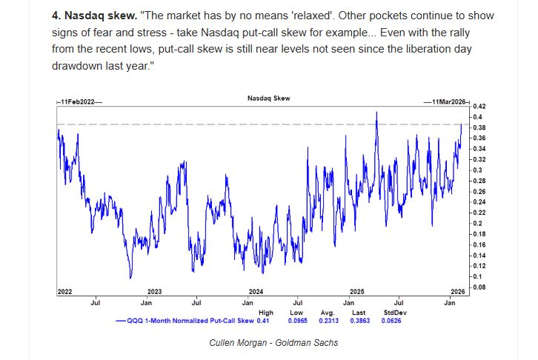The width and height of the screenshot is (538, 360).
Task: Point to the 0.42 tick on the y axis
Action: coord(478,106)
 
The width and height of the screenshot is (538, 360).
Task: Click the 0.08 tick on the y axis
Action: coord(478,287)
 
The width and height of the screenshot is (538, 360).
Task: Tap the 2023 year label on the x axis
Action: coord(155,292)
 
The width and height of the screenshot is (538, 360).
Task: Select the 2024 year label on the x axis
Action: coord(256,292)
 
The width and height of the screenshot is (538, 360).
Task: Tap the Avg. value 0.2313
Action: coord(329,321)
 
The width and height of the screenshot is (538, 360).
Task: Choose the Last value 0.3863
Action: coord(360,321)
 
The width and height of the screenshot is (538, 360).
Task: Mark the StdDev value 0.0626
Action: coord(391,321)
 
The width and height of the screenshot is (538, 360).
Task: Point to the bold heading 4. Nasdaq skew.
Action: coord(94,16)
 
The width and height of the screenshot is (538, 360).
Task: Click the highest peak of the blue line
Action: coord(376,112)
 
